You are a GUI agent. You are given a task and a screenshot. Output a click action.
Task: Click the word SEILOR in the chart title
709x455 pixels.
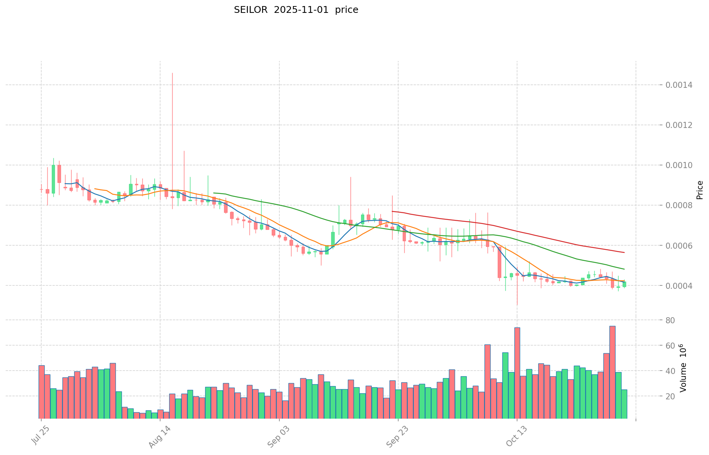(249, 10)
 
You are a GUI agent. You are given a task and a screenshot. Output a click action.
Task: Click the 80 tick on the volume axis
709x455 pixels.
(670, 321)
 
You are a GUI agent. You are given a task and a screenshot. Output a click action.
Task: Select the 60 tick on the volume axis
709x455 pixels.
(670, 346)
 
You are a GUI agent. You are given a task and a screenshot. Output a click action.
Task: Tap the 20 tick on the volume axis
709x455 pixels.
(670, 396)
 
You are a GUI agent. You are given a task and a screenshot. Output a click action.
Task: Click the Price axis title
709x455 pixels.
(700, 190)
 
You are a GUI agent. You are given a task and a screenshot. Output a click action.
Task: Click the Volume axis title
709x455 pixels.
(683, 368)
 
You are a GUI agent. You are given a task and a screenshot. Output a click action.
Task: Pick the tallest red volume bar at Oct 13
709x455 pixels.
(517, 373)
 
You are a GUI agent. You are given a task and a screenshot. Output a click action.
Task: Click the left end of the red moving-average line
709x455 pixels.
(393, 211)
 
